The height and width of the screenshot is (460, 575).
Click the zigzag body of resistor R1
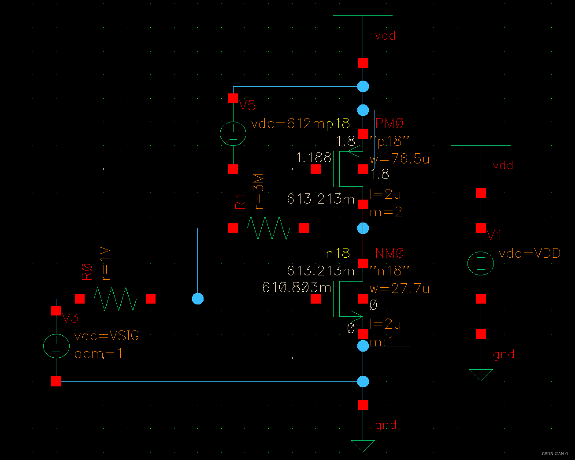click(x=268, y=228)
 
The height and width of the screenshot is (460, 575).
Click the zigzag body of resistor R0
click(x=115, y=299)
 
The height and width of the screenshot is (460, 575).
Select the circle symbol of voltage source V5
click(x=233, y=134)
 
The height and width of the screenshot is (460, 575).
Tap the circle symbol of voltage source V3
click(x=56, y=346)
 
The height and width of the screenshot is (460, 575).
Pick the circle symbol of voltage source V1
click(x=481, y=263)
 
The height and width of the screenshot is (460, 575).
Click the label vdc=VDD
click(x=530, y=253)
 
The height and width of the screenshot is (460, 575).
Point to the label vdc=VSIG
click(x=106, y=336)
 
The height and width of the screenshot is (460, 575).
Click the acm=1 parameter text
click(x=98, y=353)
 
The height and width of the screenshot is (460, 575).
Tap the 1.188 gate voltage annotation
click(x=314, y=157)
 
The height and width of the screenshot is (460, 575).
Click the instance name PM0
click(x=390, y=124)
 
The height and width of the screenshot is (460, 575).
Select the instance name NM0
click(x=390, y=253)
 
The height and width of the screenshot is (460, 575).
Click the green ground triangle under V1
click(x=481, y=375)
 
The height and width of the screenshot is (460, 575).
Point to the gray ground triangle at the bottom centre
click(x=363, y=445)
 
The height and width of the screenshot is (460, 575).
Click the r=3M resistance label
click(x=258, y=191)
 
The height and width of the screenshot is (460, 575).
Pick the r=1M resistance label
click(x=105, y=263)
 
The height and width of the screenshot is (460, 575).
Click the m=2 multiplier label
click(x=386, y=212)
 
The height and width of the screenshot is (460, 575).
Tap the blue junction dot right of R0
click(x=198, y=299)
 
